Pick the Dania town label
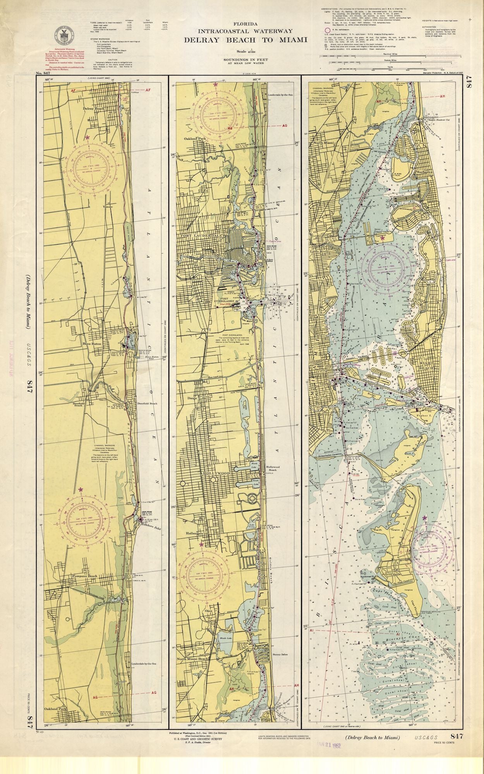coord(192,398)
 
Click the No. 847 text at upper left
coord(41,73)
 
